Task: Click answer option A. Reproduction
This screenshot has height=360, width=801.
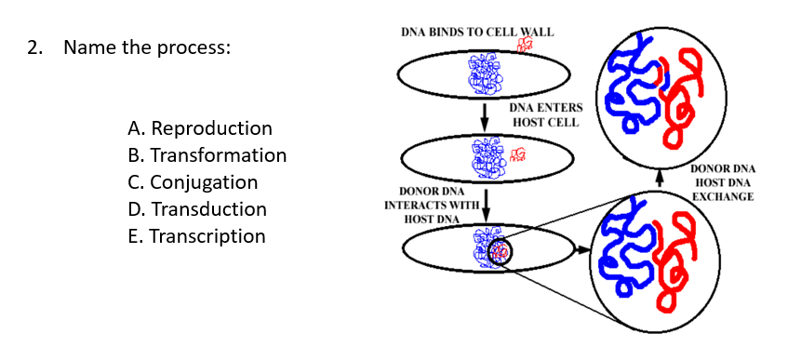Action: (200, 128)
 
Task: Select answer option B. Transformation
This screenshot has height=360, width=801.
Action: (207, 155)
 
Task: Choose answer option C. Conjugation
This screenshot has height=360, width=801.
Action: (194, 183)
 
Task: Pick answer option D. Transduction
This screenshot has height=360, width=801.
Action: (197, 209)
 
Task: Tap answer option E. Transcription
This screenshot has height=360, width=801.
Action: (196, 236)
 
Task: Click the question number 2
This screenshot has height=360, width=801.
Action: (33, 48)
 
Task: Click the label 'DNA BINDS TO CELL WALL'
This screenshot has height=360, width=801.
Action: (476, 33)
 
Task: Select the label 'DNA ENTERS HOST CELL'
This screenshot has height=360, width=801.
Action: (545, 115)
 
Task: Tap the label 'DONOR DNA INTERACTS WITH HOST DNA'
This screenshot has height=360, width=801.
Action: (432, 206)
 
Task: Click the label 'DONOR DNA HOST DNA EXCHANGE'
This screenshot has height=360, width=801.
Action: (722, 183)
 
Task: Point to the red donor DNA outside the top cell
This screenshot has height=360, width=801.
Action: (524, 45)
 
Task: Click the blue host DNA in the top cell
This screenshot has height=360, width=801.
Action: (485, 75)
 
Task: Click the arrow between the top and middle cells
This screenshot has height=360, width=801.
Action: (485, 115)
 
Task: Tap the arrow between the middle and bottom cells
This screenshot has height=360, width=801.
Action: (487, 206)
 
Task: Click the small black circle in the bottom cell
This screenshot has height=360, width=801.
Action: (500, 252)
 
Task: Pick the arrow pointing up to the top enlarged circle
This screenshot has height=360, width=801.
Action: (659, 179)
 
